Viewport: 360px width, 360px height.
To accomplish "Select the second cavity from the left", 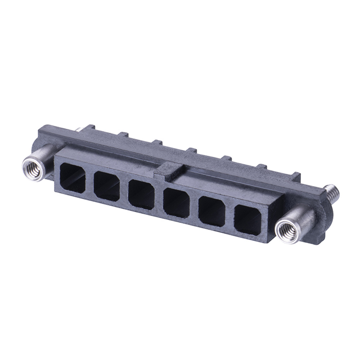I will coord(106,186).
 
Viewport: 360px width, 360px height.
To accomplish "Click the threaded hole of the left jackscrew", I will coord(31,168).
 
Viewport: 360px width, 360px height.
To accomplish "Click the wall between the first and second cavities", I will coord(89,182).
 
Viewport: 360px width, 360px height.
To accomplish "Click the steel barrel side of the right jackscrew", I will coord(301,222).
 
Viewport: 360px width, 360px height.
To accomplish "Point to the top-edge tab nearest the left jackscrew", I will coord(123,135).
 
